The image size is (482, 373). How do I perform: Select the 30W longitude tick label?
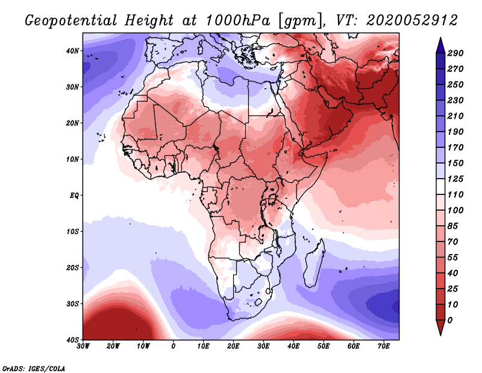(x=83, y=346)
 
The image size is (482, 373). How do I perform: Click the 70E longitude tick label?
(x=383, y=346)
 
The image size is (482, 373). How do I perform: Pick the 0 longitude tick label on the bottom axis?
(x=174, y=346)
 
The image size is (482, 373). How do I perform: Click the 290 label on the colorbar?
(x=455, y=53)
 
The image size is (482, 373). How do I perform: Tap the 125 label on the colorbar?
(x=455, y=179)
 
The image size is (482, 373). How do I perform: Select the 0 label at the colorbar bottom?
(x=450, y=319)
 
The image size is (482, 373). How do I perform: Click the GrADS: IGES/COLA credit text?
(x=34, y=368)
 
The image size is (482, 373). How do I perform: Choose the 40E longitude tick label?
(x=293, y=346)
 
